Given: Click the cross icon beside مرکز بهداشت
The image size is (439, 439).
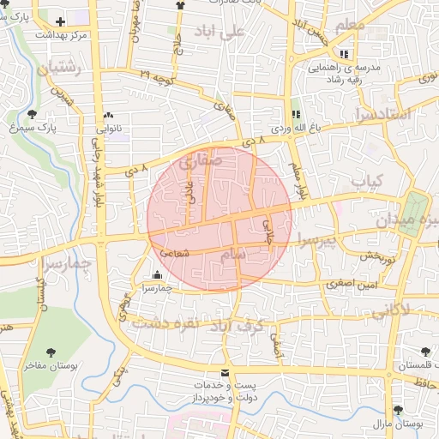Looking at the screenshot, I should pyautogui.click(x=60, y=21).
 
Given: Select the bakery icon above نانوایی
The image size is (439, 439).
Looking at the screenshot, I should pyautogui.click(x=108, y=115).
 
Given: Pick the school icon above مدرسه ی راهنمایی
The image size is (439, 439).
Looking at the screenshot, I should pyautogui.click(x=344, y=54).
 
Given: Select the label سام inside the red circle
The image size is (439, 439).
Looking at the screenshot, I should pyautogui.click(x=232, y=255).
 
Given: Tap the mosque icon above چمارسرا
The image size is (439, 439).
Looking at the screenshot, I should pyautogui.click(x=157, y=275).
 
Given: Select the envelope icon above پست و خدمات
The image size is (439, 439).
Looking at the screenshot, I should pyautogui.click(x=226, y=373).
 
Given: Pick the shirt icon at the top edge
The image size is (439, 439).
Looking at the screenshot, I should pyautogui.click(x=180, y=5).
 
